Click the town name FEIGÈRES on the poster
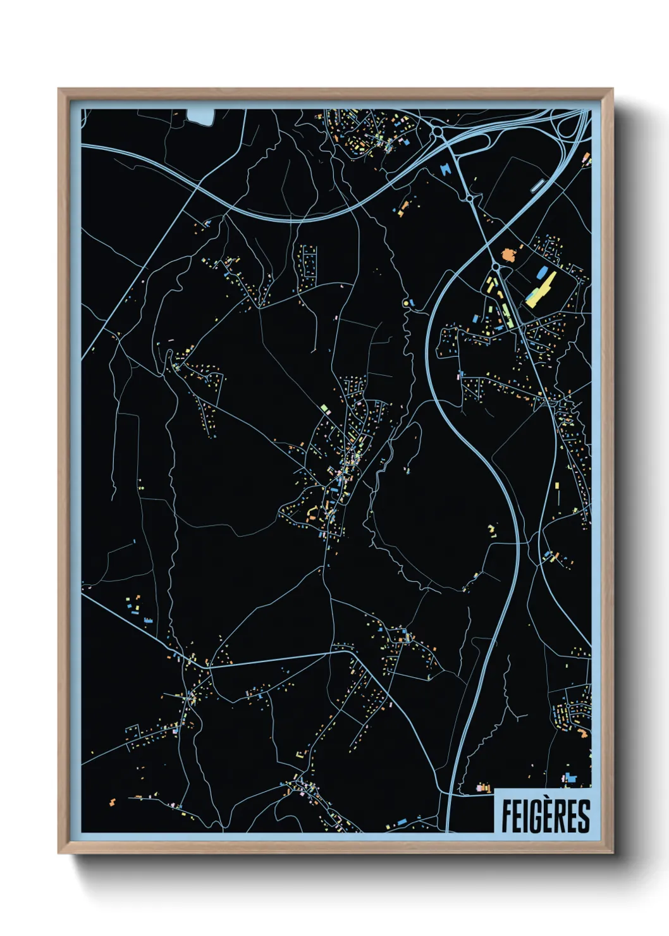[x=545, y=816]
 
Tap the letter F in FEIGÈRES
[x=506, y=816]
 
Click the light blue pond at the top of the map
[x=201, y=116]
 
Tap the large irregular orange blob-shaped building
[x=508, y=255]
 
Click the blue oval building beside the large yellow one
[x=541, y=273]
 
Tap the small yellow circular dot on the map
[x=405, y=304]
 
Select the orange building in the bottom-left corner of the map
[x=113, y=803]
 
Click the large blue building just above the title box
[x=571, y=778]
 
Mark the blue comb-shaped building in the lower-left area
[x=148, y=620]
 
